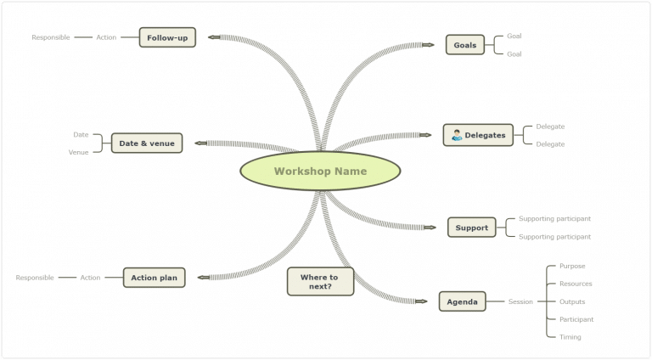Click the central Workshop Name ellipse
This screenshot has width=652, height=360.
click(320, 171)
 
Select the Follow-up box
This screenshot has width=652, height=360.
click(167, 37)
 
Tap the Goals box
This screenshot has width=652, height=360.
click(464, 45)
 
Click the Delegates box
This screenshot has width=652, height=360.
click(478, 135)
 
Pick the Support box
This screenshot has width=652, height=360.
click(471, 228)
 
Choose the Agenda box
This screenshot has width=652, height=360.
click(462, 301)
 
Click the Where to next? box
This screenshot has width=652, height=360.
click(319, 282)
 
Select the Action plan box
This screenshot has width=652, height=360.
click(155, 278)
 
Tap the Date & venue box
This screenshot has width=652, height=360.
click(147, 143)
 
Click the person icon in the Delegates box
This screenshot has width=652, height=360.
click(456, 135)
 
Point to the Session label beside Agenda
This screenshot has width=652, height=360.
click(520, 301)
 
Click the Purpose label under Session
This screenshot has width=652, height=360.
click(571, 266)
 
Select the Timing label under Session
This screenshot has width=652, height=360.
click(570, 337)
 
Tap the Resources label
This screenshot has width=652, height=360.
click(576, 284)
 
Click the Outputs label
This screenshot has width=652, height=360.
click(571, 301)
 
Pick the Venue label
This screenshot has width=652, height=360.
click(78, 153)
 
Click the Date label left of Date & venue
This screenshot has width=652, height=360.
click(81, 134)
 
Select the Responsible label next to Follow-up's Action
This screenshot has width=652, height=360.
click(50, 37)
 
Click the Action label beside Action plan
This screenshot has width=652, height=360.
click(90, 278)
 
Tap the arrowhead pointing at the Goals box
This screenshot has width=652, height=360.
click(429, 45)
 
